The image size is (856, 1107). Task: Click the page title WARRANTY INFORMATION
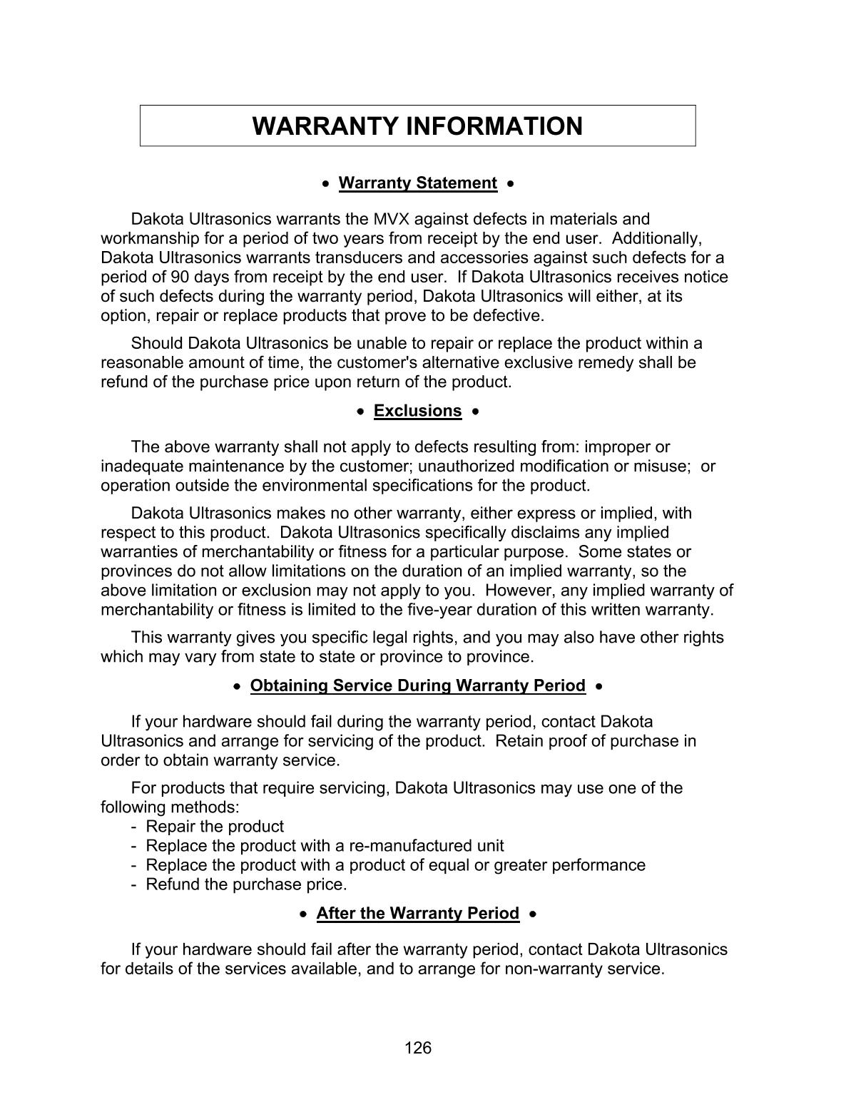(417, 126)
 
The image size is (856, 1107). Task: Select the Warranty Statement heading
(417, 183)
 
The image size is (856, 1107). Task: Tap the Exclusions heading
(417, 411)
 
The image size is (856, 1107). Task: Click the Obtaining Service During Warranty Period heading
(417, 685)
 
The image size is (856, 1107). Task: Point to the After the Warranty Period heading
(417, 914)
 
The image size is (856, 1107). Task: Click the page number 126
(418, 1048)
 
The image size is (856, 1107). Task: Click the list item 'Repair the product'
(214, 827)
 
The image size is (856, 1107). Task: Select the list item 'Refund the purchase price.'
(246, 884)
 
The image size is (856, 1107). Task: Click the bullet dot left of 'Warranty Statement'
(326, 184)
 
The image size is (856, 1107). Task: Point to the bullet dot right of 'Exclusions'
(476, 412)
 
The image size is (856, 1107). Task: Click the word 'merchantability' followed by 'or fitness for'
(260, 552)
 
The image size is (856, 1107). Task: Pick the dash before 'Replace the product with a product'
(134, 865)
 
